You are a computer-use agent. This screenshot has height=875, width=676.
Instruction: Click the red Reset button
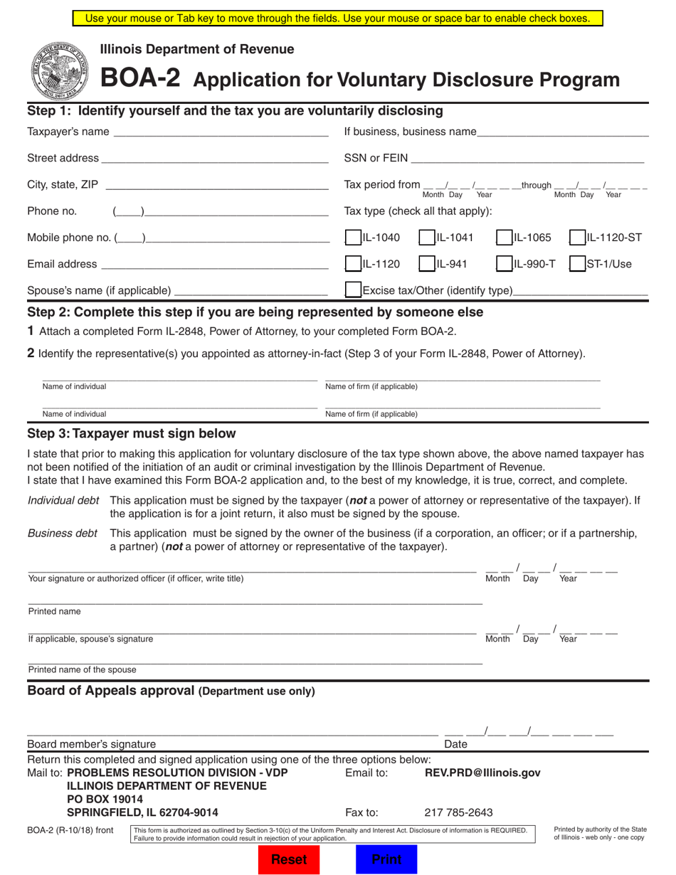tap(289, 859)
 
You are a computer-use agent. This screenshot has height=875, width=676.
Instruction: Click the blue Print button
tap(386, 859)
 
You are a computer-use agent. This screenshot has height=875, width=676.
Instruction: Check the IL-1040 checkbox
tap(352, 238)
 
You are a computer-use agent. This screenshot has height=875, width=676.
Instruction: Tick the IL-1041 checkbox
tap(426, 238)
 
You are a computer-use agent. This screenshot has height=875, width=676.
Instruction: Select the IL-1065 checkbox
tap(504, 238)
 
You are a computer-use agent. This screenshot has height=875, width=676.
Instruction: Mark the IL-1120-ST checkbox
tap(577, 238)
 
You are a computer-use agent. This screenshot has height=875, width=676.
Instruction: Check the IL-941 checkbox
tap(426, 264)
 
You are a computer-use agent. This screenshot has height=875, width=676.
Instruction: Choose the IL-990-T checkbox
tap(504, 264)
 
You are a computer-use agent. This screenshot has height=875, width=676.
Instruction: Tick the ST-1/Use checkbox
tap(577, 264)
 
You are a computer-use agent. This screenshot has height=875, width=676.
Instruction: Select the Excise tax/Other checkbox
tap(352, 290)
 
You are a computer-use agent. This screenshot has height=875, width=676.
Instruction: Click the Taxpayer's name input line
tap(221, 132)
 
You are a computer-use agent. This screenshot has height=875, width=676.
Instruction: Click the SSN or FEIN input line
tap(527, 158)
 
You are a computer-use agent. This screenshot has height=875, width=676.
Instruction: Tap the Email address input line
tap(214, 264)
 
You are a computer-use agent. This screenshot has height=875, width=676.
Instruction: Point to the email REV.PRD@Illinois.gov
tap(482, 773)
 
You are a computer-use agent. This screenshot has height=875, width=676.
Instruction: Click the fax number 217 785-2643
tap(458, 812)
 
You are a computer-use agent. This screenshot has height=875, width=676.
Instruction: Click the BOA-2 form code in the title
tap(139, 77)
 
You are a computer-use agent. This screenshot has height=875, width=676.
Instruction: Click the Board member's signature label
tap(91, 744)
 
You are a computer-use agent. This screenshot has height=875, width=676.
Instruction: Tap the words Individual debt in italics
tap(63, 500)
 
